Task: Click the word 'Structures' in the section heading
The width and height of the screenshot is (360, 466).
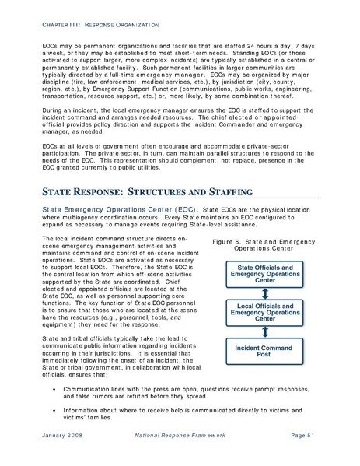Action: (149, 191)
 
